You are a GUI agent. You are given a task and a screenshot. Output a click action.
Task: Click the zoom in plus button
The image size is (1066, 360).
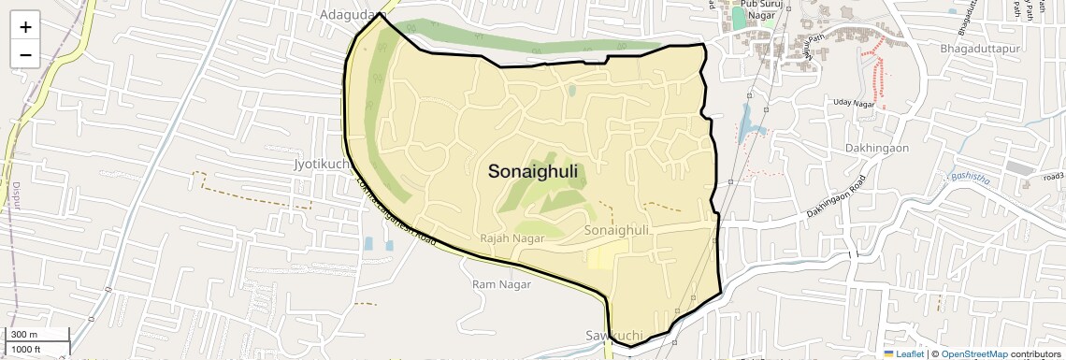(25, 27)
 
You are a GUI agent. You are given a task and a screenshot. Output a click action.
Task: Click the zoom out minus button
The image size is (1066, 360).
(25, 55)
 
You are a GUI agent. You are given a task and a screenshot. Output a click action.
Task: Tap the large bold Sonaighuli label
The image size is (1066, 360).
(532, 172)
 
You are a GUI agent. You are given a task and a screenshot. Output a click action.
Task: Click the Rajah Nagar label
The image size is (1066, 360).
(511, 238)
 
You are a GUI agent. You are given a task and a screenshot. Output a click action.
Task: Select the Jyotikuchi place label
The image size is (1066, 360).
(321, 164)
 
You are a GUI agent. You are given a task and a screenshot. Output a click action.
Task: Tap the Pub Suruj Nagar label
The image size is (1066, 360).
(753, 9)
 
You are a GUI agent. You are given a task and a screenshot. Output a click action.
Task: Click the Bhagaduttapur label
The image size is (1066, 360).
(981, 47)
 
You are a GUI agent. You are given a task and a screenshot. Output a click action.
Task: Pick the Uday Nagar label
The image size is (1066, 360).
(853, 103)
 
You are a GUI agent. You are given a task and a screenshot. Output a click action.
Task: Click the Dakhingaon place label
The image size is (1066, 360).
(875, 148)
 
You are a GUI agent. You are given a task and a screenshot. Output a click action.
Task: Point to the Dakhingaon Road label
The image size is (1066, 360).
(837, 197)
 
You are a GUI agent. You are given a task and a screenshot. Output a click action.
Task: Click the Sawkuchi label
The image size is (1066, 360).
(613, 335)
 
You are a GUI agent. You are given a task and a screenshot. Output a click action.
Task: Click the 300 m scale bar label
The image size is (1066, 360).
(24, 335)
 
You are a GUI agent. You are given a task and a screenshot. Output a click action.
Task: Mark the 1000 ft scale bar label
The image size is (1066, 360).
(26, 349)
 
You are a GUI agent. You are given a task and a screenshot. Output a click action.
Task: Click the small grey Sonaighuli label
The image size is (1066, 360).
(615, 230)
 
